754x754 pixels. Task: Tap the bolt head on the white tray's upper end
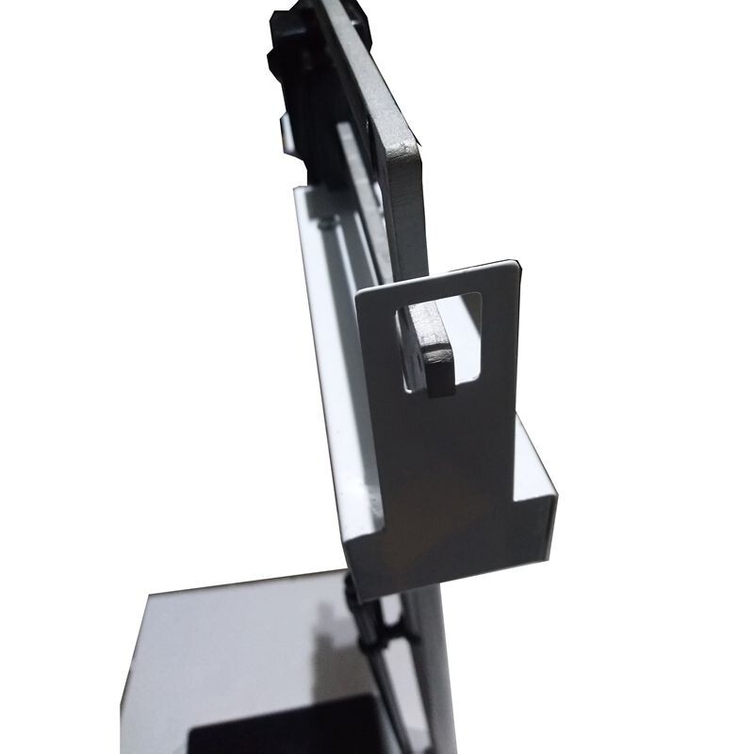click(325, 222)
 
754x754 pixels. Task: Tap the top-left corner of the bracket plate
click(358, 292)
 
